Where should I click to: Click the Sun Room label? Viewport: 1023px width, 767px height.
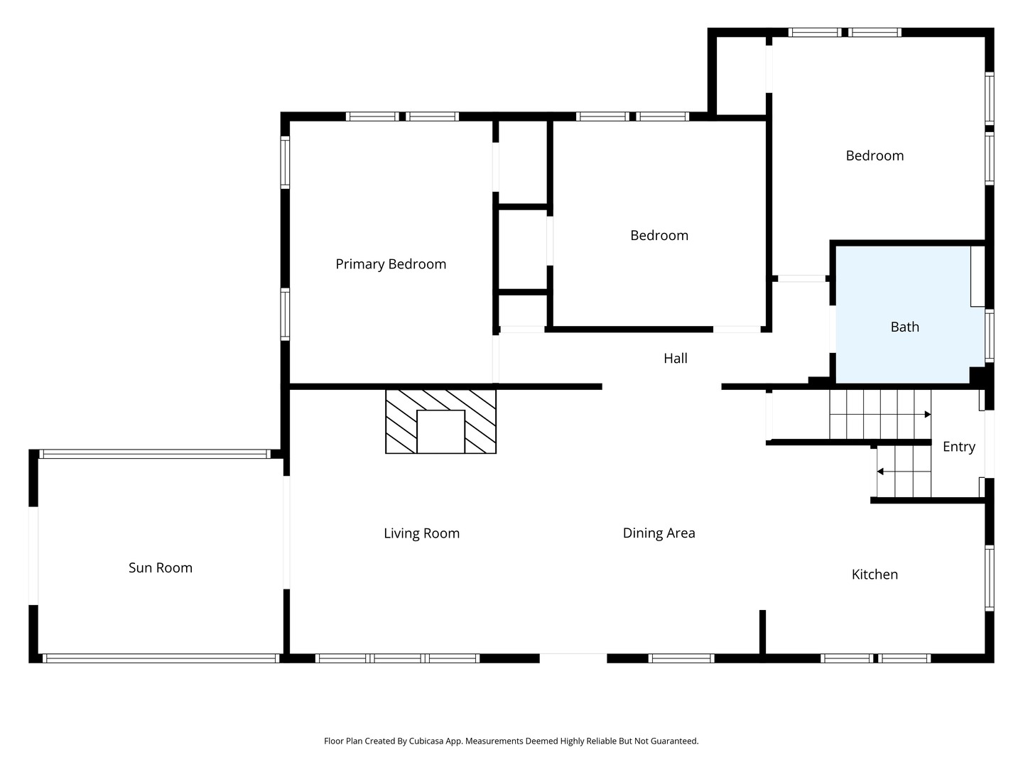click(161, 567)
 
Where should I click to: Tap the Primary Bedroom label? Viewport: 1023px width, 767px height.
click(391, 264)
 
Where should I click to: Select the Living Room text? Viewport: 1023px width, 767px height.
click(421, 533)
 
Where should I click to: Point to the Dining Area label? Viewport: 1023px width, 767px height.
click(659, 533)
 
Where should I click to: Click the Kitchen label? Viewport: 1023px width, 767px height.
click(875, 575)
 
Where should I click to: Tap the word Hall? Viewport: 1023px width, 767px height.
click(676, 358)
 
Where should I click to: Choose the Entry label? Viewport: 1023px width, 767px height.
click(958, 447)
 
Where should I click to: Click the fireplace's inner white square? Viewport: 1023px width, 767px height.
click(440, 432)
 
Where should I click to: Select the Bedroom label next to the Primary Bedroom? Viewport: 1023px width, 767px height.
click(659, 235)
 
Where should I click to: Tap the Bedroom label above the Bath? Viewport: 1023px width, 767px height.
click(875, 156)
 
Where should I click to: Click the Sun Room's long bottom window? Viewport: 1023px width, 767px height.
click(161, 658)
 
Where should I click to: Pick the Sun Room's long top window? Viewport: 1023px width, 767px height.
click(154, 454)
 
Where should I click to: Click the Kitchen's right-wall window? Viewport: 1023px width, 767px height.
click(989, 578)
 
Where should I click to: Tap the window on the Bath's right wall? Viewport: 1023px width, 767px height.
click(989, 335)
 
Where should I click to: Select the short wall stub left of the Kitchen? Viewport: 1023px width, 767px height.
click(762, 632)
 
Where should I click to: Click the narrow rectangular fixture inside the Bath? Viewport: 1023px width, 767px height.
click(978, 277)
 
